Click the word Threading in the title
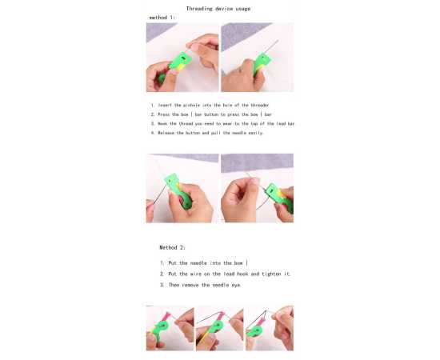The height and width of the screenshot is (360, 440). pos(199,9)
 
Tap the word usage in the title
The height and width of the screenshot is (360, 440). pos(243,9)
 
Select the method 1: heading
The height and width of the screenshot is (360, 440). pos(162,18)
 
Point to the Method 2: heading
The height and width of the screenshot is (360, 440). pos(172,247)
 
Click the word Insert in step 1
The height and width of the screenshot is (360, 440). pos(165,106)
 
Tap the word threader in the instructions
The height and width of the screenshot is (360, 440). pos(259,106)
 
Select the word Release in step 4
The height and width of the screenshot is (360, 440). pos(166,133)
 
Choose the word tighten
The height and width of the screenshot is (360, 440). pos(271,274)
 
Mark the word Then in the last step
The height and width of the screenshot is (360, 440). pos(174,285)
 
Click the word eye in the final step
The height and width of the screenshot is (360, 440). pos(236,286)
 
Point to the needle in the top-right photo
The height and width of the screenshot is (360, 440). pos(271,47)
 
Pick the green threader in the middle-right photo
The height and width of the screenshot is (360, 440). pos(278,197)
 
